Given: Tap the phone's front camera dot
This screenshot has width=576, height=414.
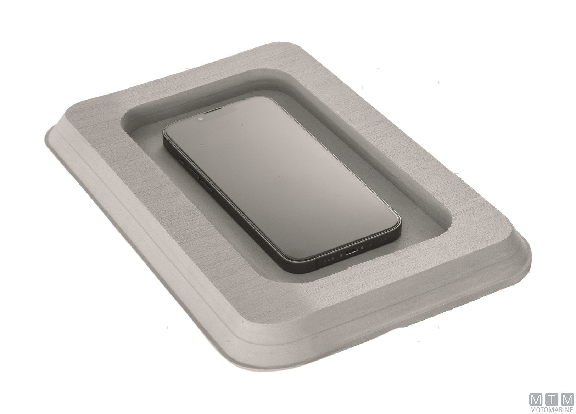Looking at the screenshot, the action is (201, 119).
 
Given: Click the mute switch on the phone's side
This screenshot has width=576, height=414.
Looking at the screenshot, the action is (183, 162).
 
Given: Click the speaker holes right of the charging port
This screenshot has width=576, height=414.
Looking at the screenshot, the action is (378, 242).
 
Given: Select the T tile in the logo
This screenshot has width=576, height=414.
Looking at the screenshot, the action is (552, 399).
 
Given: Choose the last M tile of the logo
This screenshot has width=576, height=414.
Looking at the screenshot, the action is (567, 399).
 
